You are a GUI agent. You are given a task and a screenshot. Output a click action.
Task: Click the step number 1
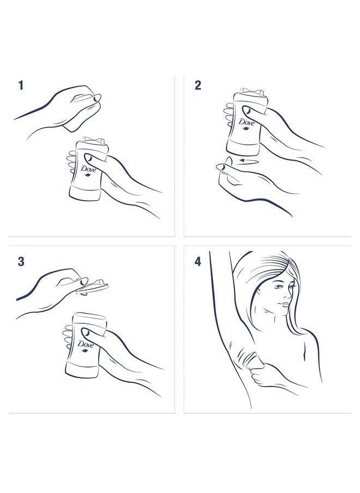[x=21, y=85]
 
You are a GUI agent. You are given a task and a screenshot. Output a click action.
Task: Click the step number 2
[x=198, y=85]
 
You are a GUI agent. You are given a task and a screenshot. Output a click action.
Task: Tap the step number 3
[x=21, y=262]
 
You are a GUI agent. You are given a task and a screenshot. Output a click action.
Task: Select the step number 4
[x=198, y=262]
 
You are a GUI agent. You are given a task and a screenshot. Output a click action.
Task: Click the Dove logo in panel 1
[x=88, y=170]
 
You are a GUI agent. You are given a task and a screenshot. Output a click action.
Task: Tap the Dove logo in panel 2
[x=247, y=123]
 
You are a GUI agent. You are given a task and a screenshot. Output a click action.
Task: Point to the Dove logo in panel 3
[x=86, y=345]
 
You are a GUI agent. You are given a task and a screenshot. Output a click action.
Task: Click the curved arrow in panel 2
[x=248, y=161]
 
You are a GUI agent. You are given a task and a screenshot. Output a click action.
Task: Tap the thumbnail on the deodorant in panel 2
[x=247, y=110]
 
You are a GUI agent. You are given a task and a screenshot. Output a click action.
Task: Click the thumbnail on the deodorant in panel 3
[x=86, y=332]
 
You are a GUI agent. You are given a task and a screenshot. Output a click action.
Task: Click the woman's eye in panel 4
[x=279, y=287]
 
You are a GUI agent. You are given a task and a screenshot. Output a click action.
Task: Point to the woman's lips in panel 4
[x=284, y=304]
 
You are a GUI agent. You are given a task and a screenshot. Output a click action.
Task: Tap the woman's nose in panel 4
[x=289, y=295]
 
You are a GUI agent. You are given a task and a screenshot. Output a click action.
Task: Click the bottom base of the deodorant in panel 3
[x=83, y=369]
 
